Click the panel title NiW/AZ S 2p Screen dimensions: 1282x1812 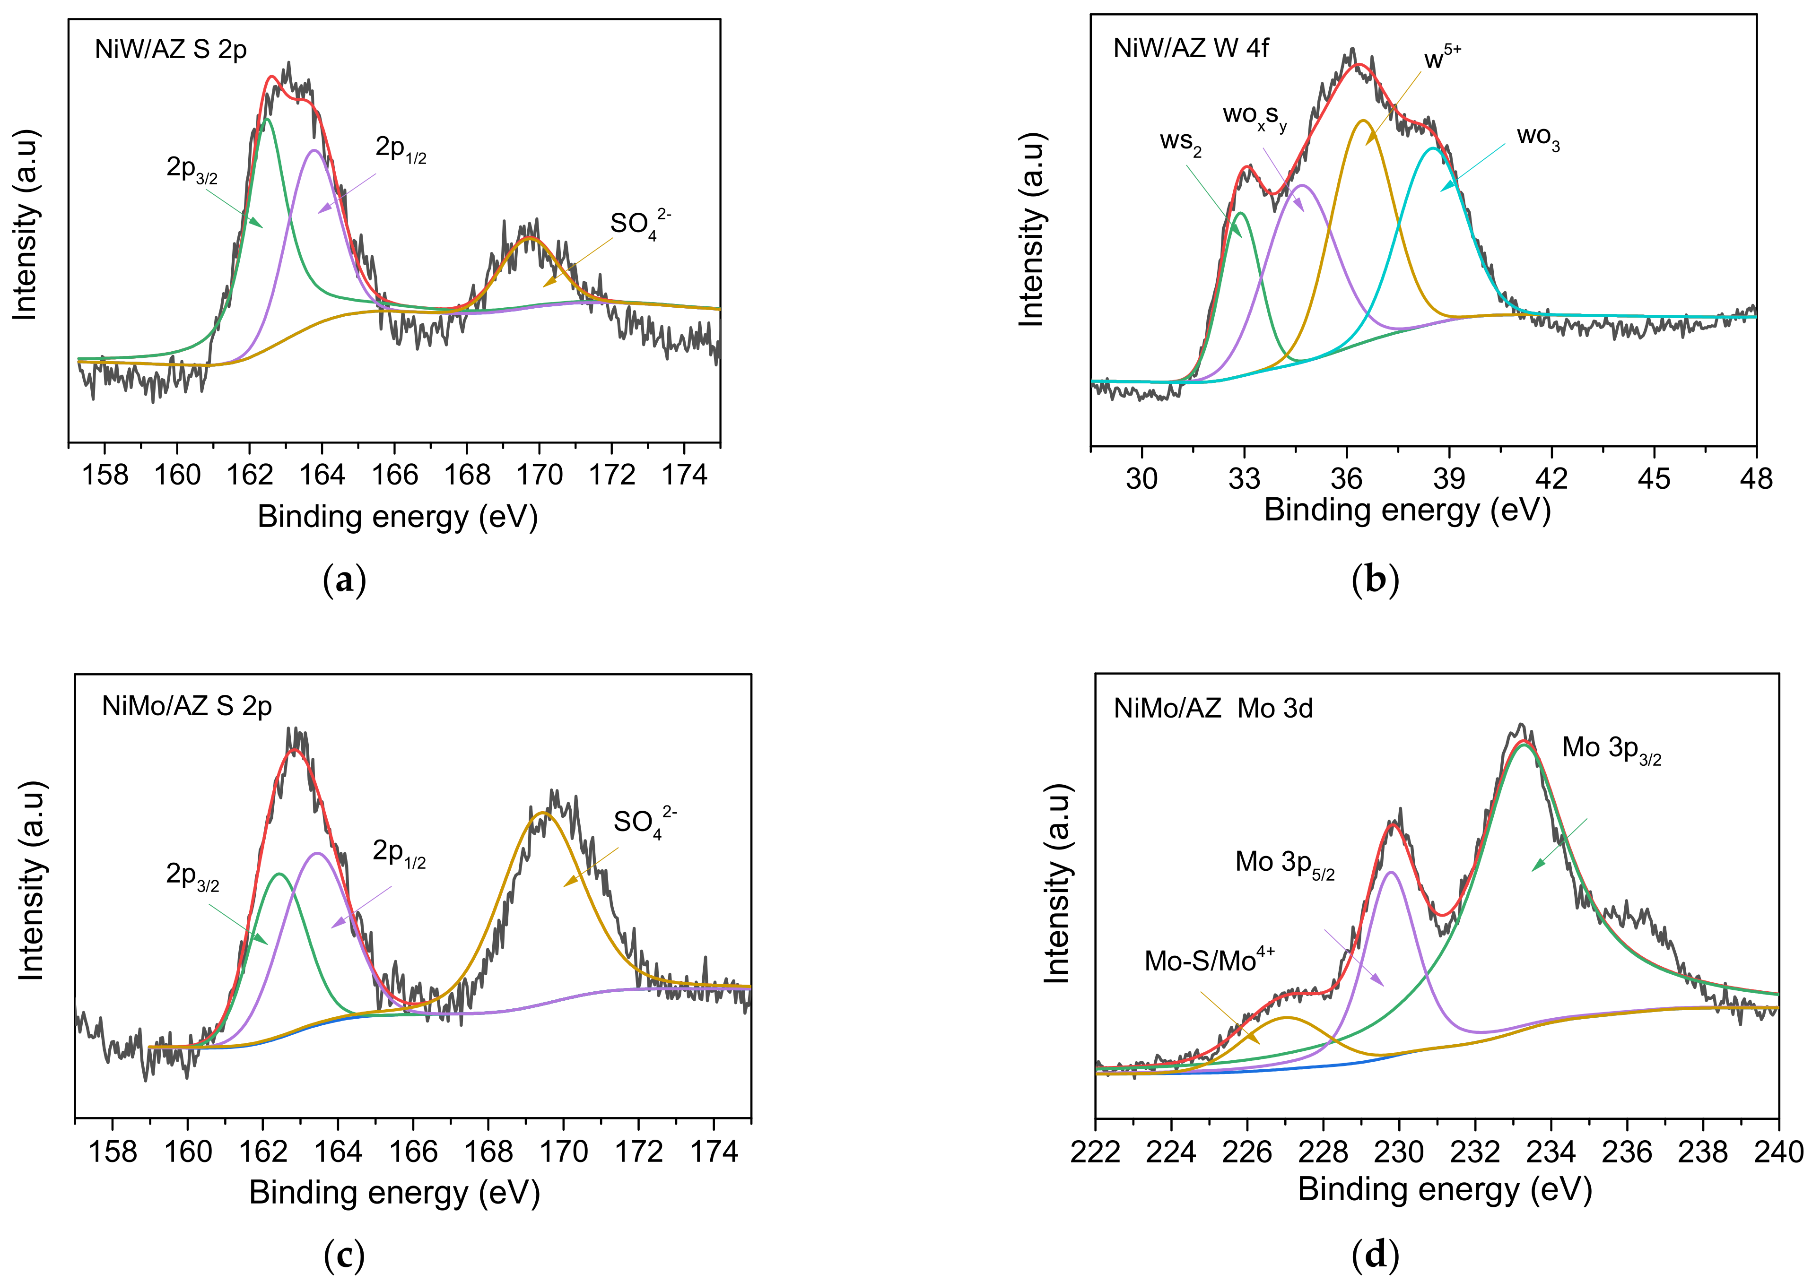(171, 49)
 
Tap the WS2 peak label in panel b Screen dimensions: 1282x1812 (1180, 143)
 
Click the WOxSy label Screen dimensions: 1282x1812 (1254, 117)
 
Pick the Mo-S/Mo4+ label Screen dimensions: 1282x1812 (1209, 959)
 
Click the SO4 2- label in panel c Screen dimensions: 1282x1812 (644, 823)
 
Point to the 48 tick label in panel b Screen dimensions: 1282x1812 (1755, 478)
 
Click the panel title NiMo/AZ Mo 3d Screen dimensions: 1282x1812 (1213, 708)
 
